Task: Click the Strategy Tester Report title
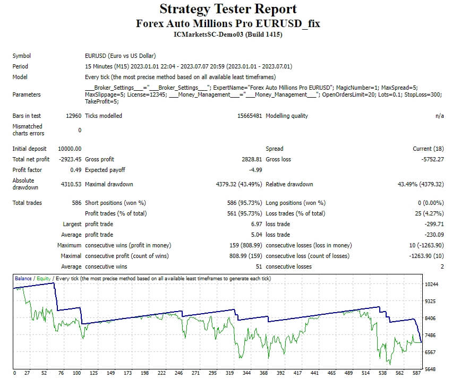(x=228, y=9)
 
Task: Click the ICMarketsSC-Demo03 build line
(x=228, y=35)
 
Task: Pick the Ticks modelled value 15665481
(x=249, y=116)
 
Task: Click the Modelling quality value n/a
(x=439, y=116)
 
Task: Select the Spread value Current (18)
(x=428, y=149)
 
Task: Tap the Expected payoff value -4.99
(x=255, y=170)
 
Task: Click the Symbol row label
(x=22, y=56)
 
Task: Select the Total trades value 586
(x=76, y=203)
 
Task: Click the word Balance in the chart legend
(x=23, y=279)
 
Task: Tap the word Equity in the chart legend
(x=44, y=279)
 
